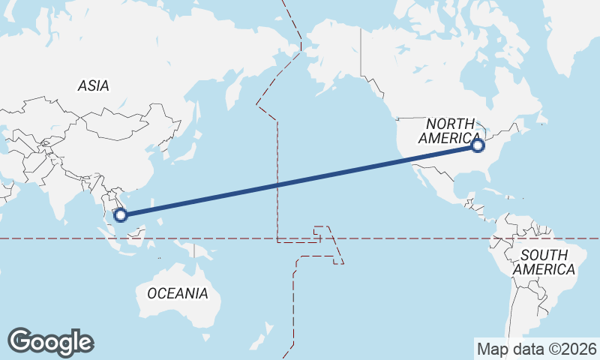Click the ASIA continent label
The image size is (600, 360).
(x=93, y=85)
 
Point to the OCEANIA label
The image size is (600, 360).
(x=177, y=293)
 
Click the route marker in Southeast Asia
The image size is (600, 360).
(x=120, y=215)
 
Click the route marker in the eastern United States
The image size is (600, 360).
(x=478, y=145)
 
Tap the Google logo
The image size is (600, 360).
(x=50, y=342)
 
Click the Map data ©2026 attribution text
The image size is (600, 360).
(x=537, y=349)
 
